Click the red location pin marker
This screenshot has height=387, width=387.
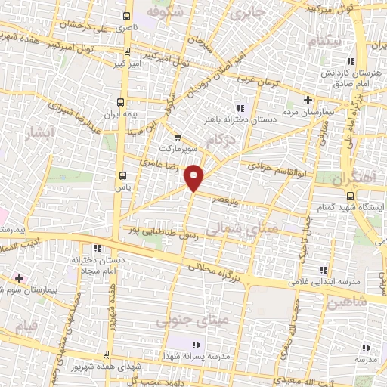click(x=194, y=177)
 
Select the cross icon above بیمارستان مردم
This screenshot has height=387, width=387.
click(x=307, y=100)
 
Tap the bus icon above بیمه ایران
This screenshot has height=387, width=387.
click(x=119, y=101)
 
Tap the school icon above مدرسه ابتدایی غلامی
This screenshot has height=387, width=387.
click(x=324, y=270)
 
